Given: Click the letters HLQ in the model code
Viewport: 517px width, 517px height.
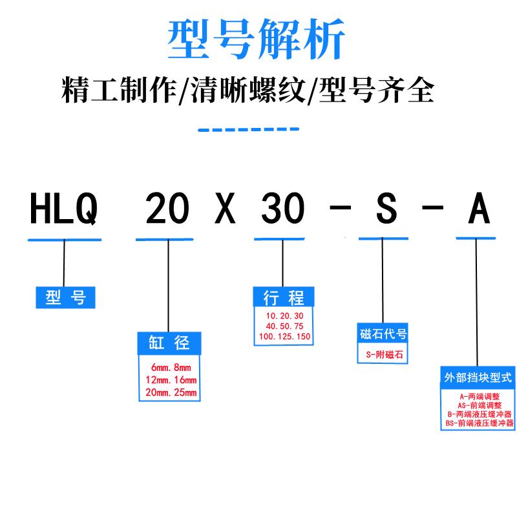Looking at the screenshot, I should [64, 210].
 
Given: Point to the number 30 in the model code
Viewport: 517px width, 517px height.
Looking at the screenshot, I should [282, 210].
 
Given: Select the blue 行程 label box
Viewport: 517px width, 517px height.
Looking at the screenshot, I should [283, 297].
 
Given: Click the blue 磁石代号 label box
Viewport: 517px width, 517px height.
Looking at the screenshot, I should [383, 334].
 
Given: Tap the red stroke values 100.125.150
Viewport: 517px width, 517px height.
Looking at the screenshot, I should [283, 337].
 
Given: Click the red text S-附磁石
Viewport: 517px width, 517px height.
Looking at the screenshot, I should [383, 354].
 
